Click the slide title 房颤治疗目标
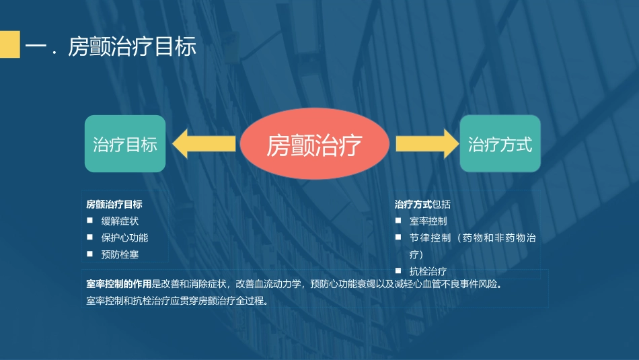point(133,48)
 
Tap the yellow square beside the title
point(9,44)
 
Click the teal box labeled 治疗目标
point(124,144)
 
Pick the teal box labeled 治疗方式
point(500,144)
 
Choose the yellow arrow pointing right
point(426,144)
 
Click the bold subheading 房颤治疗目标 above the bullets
point(114,204)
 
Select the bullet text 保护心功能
point(124,238)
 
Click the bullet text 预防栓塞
point(120,254)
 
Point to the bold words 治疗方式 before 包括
point(413,204)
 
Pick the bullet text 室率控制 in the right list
point(428,221)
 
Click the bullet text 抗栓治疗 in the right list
point(428,271)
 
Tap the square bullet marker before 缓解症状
point(89,220)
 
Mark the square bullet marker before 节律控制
point(398,237)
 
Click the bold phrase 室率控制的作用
point(119,284)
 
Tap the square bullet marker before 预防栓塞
point(89,254)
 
